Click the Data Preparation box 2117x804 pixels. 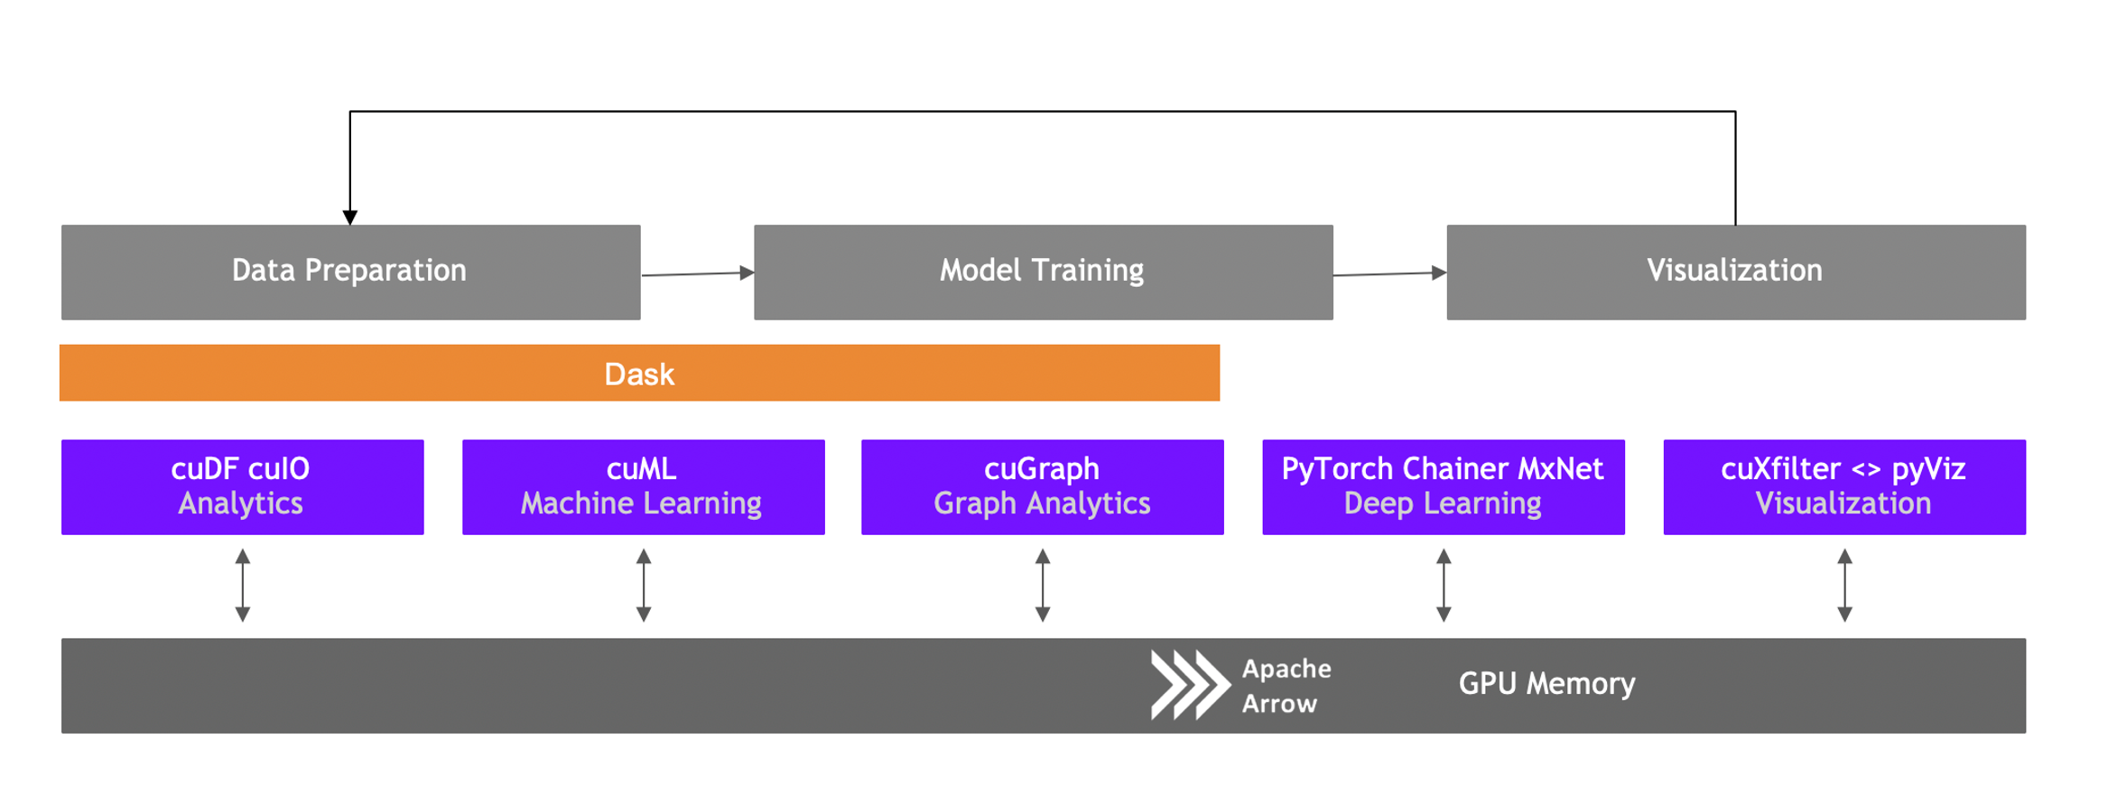pos(350,272)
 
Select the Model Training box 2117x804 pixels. pos(1043,272)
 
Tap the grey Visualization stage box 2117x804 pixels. pos(1735,272)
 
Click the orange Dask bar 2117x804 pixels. pos(639,373)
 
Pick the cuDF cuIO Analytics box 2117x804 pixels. pos(242,486)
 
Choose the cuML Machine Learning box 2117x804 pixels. pos(643,486)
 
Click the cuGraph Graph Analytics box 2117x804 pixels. pos(1042,486)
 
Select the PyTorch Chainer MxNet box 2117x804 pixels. pos(1443,486)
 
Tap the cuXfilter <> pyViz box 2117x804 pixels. pos(1843,486)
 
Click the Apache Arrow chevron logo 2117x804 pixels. pos(1189,685)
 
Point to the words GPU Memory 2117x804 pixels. pos(1546,684)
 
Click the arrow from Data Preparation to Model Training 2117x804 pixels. pos(697,273)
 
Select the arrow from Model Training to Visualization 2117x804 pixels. pos(1389,273)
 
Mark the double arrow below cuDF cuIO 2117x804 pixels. pos(243,586)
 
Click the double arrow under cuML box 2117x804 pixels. pos(644,586)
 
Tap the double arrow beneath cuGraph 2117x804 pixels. pos(1043,586)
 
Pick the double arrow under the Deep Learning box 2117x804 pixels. pos(1444,586)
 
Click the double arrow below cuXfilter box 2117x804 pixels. pos(1844,586)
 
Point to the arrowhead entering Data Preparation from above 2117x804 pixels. pos(350,217)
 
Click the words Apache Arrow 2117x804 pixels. pos(1286,686)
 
